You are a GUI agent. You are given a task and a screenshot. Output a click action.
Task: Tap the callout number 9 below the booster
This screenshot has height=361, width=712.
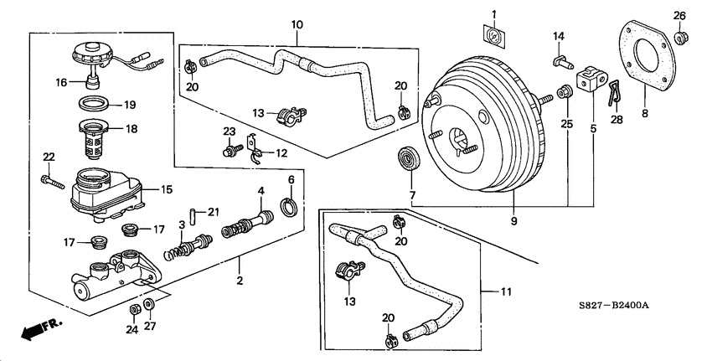514,221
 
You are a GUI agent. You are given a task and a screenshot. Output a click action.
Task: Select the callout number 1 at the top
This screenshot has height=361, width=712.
493,13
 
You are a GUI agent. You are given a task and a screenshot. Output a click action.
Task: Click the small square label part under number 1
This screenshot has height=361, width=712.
494,35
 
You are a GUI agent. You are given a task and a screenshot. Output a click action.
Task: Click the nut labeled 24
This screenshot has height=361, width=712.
133,310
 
